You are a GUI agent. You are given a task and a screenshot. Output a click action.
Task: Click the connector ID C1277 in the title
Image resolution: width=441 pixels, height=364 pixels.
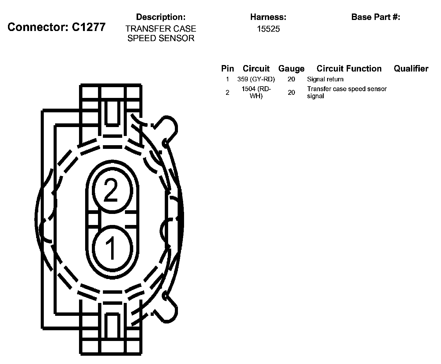coord(89,27)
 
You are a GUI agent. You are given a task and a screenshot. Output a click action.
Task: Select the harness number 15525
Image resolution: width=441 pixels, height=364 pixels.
coord(268,29)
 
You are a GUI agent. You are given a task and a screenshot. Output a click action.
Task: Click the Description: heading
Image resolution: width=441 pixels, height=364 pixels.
coord(160,17)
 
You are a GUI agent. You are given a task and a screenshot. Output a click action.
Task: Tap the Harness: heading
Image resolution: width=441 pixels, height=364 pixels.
coord(268,17)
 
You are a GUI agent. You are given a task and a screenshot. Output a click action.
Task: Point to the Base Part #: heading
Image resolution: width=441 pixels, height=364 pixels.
coord(375,17)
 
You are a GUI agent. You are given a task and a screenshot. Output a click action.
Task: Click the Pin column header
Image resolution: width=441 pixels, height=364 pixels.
coord(227,68)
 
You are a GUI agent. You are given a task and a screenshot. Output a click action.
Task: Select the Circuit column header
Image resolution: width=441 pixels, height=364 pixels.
coord(256,68)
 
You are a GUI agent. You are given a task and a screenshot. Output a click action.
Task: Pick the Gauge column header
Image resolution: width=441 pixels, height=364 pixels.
coord(291,68)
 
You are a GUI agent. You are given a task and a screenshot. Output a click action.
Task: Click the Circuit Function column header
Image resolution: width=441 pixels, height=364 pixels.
coord(349,68)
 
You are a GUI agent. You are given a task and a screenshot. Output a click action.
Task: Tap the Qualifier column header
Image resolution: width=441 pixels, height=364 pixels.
coord(411,68)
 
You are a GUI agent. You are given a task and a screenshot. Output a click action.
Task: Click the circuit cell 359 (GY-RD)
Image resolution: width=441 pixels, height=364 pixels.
coord(256,79)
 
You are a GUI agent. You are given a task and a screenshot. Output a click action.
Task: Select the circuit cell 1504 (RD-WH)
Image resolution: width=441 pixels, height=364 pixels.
coord(256,92)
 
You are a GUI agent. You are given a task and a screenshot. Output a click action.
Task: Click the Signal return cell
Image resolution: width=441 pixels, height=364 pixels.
coord(325,79)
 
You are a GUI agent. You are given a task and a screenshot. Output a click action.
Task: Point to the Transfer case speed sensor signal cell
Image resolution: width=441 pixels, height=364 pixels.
coord(347,92)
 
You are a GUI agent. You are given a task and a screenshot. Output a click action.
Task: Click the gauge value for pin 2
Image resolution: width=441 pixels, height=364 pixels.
coord(291,92)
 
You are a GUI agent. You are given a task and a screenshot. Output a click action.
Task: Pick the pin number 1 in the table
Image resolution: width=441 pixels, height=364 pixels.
coord(227,79)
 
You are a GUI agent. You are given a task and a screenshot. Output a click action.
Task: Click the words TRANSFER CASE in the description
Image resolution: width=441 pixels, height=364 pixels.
coord(160,29)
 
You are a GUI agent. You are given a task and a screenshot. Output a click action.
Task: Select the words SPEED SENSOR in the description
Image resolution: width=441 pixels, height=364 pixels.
coord(160,38)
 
